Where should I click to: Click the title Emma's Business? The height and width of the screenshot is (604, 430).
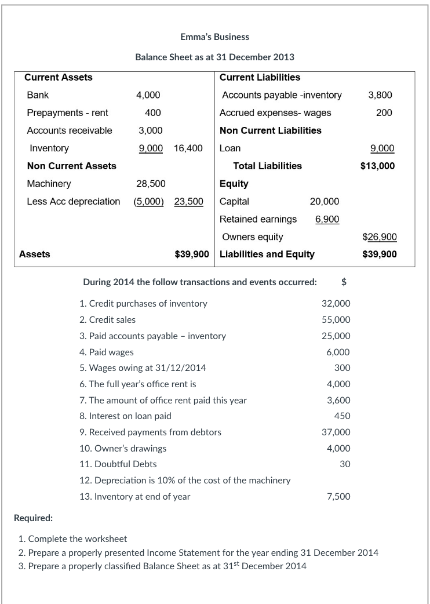[214, 37]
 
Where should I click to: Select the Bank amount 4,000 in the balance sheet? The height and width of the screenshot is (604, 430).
[148, 95]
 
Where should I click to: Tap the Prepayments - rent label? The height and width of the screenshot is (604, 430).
[67, 113]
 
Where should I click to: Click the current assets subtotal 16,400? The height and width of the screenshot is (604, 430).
[188, 148]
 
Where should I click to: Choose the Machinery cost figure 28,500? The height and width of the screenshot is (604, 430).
[151, 184]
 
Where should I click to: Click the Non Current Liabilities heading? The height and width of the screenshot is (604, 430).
[271, 130]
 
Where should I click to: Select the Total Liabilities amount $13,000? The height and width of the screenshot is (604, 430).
[377, 166]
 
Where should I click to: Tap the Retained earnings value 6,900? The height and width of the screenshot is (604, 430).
[327, 219]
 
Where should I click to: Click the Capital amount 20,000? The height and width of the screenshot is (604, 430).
[325, 202]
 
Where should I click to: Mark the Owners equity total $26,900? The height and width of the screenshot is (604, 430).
[380, 237]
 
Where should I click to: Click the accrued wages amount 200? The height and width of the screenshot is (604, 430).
[384, 113]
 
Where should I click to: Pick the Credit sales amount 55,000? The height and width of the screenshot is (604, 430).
[336, 320]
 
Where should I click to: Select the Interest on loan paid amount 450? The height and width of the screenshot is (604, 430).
[342, 416]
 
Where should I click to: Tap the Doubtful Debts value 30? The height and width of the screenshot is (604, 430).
[345, 464]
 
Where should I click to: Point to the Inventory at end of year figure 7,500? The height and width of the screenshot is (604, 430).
[338, 496]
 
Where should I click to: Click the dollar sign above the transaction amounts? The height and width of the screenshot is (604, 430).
[344, 282]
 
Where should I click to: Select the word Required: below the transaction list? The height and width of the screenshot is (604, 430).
[34, 518]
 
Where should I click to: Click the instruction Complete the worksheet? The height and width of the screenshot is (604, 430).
[78, 539]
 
